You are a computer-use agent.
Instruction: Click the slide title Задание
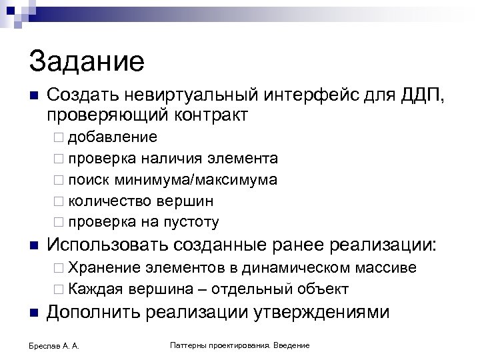coord(87,62)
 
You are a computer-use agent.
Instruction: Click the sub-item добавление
coord(113,137)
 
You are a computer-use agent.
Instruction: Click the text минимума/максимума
coord(195,180)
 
